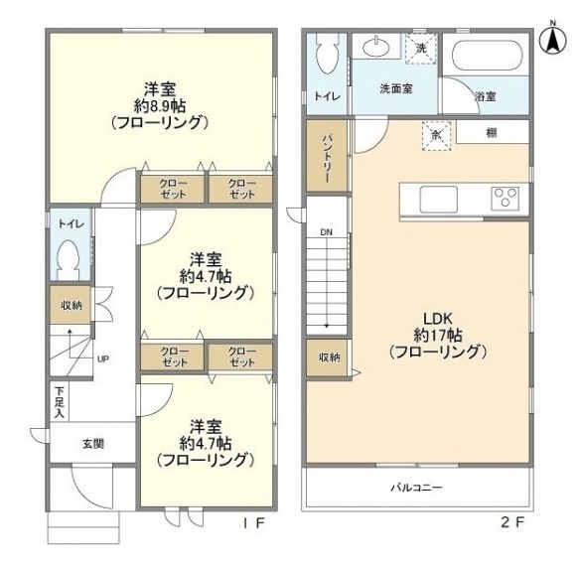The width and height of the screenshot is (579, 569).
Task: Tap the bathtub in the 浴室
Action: point(488,56)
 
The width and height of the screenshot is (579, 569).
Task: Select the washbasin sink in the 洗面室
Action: point(376,47)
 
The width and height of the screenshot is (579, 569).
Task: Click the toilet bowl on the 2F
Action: point(327,55)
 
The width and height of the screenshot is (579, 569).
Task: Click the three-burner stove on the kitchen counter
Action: point(505,199)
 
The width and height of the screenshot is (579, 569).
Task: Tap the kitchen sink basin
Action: point(438,200)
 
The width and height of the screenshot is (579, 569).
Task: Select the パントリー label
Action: point(327,158)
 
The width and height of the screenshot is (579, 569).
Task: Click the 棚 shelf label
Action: point(492,132)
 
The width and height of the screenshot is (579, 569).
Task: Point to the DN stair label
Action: point(326,232)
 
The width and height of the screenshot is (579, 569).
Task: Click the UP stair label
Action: point(103,358)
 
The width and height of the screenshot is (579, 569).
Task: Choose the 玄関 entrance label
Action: point(93,444)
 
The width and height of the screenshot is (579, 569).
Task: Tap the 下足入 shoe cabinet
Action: point(59,402)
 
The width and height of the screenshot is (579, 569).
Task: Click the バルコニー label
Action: point(416,488)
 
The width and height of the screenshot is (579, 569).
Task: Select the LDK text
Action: point(438,319)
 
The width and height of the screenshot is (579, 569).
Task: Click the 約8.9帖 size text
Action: point(160,106)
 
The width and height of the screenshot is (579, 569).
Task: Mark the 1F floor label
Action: point(253,522)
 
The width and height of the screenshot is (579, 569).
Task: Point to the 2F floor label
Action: point(512,522)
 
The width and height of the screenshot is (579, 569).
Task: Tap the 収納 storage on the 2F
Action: point(327,357)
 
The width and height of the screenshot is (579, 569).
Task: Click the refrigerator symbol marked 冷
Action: point(437,135)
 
